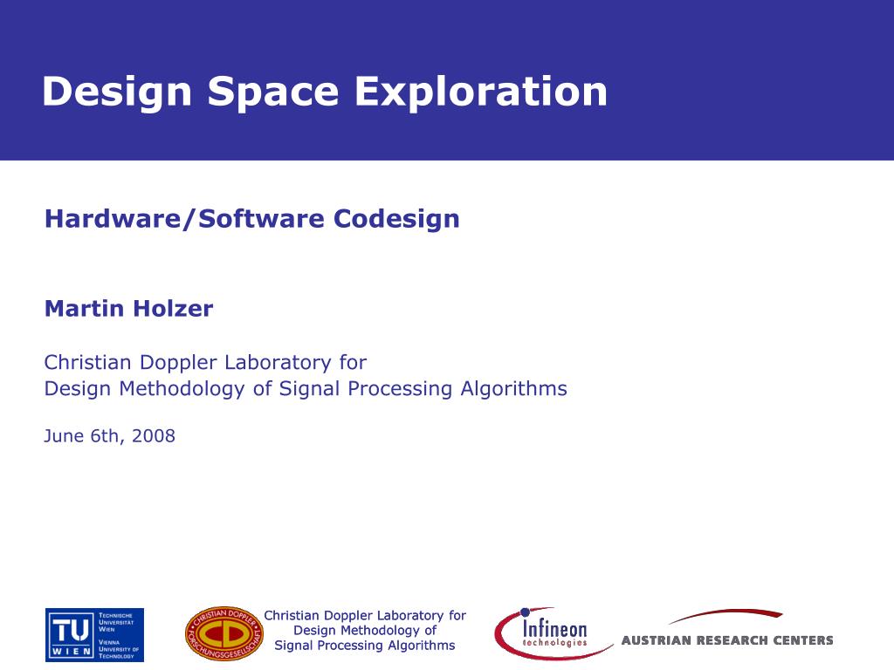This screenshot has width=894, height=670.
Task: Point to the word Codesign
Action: [x=396, y=219]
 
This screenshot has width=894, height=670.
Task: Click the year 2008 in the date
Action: [x=154, y=436]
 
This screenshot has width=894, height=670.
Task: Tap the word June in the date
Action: [x=65, y=436]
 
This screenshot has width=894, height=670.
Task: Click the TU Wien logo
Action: [x=94, y=634]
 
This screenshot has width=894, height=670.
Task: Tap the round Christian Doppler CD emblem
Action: [x=223, y=633]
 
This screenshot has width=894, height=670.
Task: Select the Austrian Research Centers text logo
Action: [x=726, y=640]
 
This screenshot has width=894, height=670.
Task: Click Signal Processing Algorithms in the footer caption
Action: [x=365, y=646]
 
